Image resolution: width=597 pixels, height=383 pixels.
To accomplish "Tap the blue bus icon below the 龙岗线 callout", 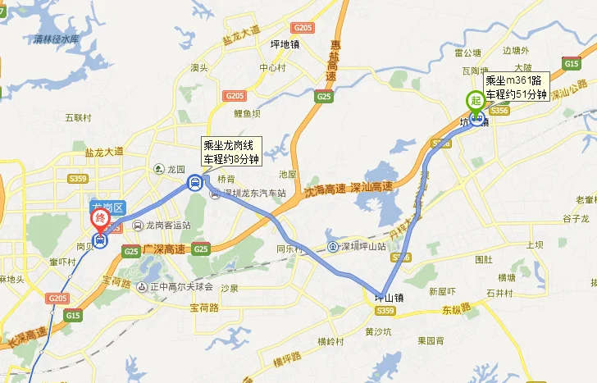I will tap(194, 183).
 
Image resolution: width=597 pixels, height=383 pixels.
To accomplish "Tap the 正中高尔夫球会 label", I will tap(175, 287).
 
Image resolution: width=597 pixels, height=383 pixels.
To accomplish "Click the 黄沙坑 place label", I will tap(380, 332).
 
